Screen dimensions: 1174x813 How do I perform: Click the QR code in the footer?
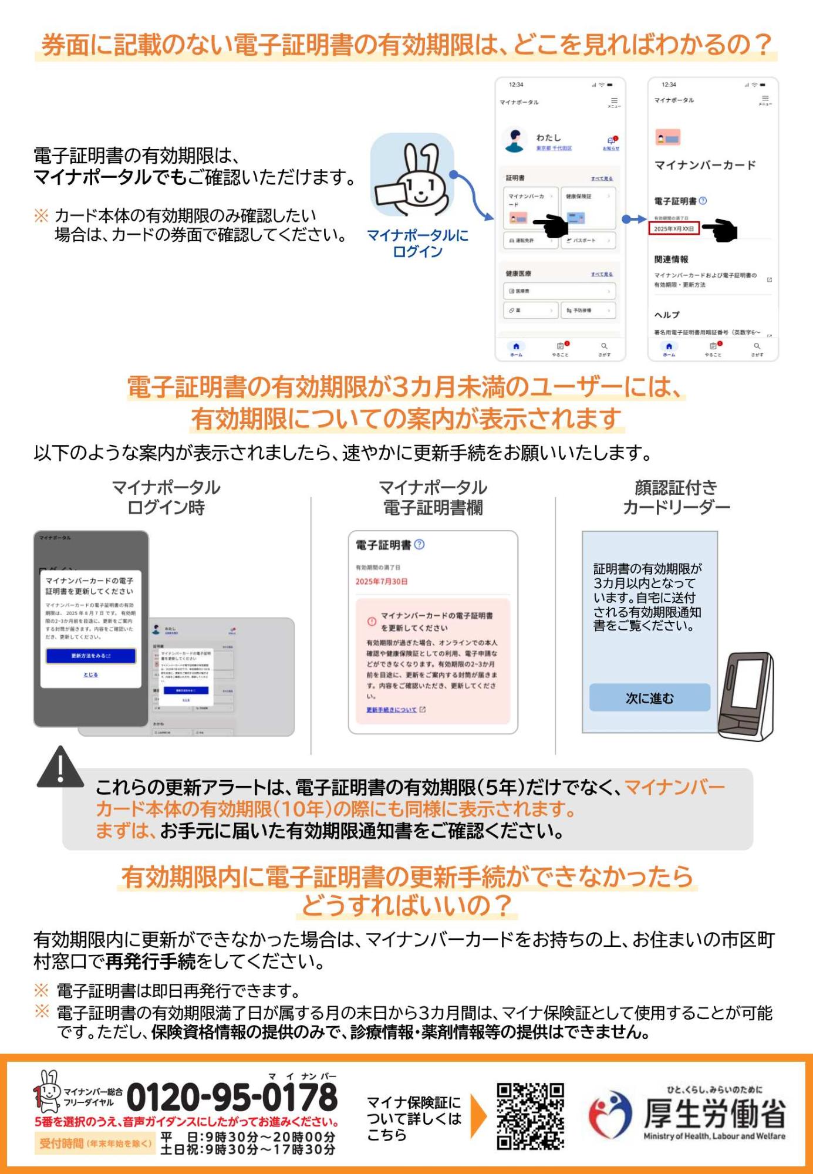(530, 1116)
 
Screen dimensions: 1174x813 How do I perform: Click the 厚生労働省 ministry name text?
(714, 1113)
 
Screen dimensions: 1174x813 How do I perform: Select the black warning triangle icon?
(60, 767)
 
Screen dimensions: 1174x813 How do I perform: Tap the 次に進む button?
(649, 698)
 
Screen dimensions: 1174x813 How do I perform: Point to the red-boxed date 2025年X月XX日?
(674, 228)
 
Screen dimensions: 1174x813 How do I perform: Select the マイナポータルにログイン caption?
(417, 243)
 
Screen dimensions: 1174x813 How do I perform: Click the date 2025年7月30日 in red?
(382, 581)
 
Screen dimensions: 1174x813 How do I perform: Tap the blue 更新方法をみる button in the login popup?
(91, 656)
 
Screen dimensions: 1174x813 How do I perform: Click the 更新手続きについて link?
(392, 710)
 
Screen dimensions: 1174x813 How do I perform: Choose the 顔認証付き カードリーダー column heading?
(676, 497)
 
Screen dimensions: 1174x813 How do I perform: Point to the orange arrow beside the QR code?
(478, 1116)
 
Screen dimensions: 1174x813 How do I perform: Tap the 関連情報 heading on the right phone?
(671, 259)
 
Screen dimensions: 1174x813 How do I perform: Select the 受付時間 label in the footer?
(62, 1143)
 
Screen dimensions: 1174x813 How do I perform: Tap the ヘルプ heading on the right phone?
(667, 315)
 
